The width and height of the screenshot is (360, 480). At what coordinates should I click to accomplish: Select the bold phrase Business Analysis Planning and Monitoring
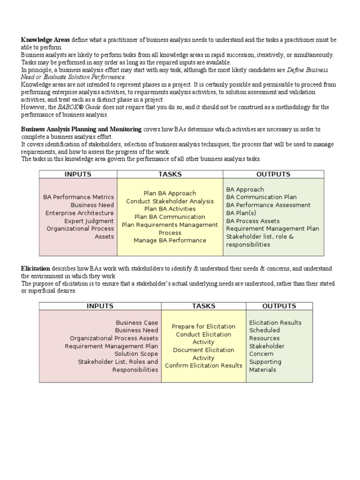[81, 129]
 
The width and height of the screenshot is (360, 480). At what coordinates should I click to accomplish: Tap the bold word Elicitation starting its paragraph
[36, 269]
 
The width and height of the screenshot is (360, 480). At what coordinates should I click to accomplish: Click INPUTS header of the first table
[78, 174]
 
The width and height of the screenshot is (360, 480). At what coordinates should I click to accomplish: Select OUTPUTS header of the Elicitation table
[279, 306]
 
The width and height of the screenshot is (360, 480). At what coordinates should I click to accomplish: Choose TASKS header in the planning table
[170, 174]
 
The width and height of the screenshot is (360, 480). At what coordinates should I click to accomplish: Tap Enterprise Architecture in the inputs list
[80, 213]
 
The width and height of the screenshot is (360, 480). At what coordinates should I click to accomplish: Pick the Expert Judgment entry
[89, 221]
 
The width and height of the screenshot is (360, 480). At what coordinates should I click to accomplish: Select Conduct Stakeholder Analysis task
[170, 201]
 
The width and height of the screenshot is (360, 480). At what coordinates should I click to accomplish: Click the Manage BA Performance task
[170, 240]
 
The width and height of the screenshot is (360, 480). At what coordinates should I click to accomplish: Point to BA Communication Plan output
[261, 197]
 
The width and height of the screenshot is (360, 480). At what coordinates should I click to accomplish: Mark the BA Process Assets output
[253, 221]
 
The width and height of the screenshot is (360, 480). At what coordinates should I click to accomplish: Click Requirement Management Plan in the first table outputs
[272, 229]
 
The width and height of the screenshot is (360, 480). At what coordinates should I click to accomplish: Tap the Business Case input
[137, 322]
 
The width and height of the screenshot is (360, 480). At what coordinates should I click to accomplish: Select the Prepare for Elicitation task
[203, 326]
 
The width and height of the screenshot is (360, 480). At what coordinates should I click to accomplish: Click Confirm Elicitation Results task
[203, 366]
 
